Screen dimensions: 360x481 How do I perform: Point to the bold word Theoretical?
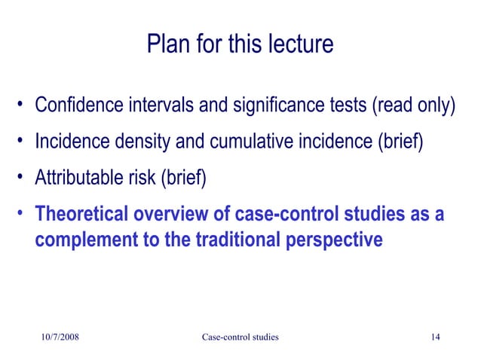[83, 215]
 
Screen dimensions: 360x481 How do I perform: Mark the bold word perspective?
[342, 240]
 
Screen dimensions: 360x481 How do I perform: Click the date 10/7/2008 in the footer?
[59, 337]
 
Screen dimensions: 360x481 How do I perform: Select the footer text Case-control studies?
[240, 337]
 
